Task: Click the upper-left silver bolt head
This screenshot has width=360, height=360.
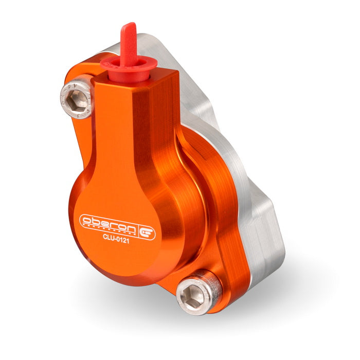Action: [76, 95]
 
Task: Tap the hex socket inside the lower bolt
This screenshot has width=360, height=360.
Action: [195, 295]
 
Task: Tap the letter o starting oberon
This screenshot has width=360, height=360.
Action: [86, 220]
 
